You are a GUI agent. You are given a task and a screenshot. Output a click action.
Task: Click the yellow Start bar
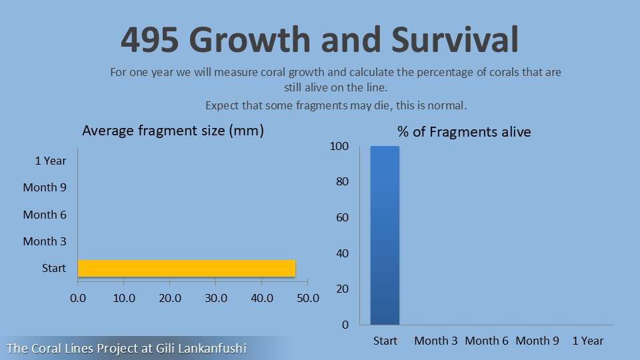click(187, 268)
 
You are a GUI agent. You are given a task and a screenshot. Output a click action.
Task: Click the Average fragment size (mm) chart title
click(173, 131)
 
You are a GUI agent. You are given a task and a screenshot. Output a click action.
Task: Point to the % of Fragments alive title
click(464, 132)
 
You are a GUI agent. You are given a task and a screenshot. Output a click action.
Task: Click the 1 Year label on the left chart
click(51, 161)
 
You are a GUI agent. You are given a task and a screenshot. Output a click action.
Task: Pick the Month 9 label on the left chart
click(45, 187)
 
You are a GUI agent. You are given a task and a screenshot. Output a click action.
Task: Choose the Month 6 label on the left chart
click(45, 215)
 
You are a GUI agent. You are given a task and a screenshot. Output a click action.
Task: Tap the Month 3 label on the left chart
click(45, 241)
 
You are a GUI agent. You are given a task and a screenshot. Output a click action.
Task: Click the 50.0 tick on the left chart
click(307, 298)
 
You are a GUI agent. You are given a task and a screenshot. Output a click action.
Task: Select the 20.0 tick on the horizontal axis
click(170, 298)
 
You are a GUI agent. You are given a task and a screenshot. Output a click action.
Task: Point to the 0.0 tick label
click(78, 298)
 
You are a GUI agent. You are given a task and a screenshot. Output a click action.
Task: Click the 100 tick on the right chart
click(339, 147)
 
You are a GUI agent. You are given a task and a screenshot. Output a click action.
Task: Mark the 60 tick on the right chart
click(342, 217)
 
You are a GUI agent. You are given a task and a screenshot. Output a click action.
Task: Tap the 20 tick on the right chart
click(342, 289)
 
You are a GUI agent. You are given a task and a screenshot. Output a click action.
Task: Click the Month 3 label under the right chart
click(436, 341)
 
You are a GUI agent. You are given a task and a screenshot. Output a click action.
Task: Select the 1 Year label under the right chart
click(588, 341)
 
